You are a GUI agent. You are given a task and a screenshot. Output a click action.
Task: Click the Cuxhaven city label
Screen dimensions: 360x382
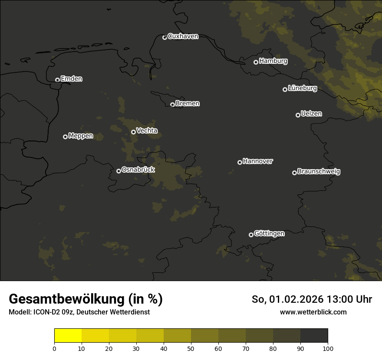(x=183, y=36)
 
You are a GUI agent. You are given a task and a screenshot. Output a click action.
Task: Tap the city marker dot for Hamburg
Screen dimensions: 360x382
(x=256, y=62)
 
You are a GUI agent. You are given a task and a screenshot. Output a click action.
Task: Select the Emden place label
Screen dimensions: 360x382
(x=71, y=79)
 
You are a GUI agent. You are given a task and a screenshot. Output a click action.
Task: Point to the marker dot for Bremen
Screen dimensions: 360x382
(x=172, y=105)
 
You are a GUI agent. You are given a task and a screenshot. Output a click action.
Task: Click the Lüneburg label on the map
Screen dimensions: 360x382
(x=302, y=88)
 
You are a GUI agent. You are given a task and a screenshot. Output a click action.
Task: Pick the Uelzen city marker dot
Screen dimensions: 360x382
(x=298, y=115)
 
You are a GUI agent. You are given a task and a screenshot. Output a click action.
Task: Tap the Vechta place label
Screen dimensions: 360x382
(x=147, y=131)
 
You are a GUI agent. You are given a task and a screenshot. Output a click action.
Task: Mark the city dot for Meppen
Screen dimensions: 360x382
(x=65, y=137)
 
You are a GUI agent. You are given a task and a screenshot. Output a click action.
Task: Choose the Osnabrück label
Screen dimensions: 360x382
(x=138, y=170)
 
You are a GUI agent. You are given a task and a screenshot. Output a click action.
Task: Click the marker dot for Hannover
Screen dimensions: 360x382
(x=240, y=162)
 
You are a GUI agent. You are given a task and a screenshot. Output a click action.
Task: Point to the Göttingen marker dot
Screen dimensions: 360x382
(x=251, y=235)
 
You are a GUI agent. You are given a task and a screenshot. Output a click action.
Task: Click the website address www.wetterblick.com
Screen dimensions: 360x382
(x=313, y=312)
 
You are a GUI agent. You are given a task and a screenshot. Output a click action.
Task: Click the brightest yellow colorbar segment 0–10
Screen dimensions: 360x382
(x=68, y=336)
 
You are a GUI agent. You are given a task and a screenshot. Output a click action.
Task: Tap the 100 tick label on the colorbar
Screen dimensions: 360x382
(x=328, y=348)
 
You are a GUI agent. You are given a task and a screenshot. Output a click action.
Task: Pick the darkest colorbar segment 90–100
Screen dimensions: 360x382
(x=314, y=336)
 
